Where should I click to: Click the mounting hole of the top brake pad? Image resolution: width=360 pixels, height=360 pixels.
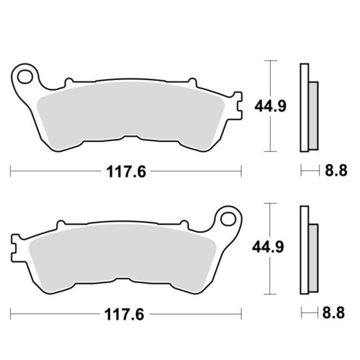(25, 77)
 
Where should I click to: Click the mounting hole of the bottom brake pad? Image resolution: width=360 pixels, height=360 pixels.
(228, 220)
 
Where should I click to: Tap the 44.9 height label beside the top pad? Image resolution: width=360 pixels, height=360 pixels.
(270, 106)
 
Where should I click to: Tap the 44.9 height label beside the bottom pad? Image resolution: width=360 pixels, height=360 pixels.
(268, 247)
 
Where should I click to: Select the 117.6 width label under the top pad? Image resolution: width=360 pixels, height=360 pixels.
(126, 171)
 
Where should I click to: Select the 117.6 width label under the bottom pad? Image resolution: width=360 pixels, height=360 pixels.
(125, 314)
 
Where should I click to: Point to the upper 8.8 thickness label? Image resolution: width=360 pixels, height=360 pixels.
(336, 171)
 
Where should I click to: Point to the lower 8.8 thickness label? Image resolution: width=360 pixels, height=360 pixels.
(333, 312)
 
